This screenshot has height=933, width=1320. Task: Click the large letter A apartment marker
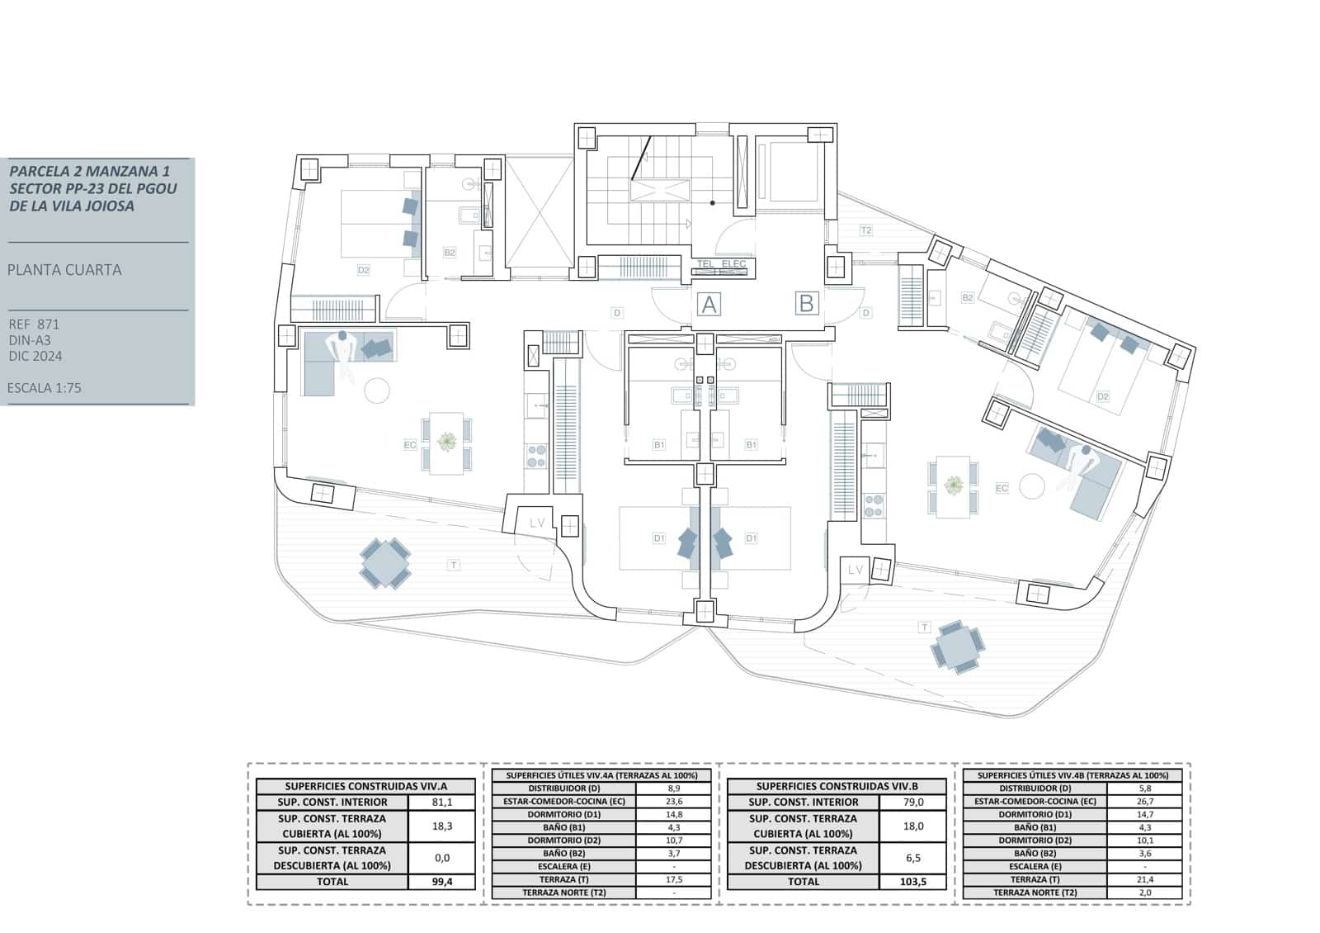709,305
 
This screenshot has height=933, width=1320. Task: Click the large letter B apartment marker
806,303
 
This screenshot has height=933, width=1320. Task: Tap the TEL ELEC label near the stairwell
721,264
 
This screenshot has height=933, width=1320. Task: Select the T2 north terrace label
865,230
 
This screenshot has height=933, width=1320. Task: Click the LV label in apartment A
537,523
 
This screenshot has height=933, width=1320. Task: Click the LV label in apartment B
855,570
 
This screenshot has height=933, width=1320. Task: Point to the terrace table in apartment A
385,563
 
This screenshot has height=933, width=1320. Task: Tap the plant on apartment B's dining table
954,485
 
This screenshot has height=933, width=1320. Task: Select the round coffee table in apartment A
377,390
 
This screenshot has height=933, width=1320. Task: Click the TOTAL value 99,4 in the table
443,881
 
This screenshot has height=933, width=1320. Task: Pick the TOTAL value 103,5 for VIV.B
913,881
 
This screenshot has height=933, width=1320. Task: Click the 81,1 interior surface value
443,802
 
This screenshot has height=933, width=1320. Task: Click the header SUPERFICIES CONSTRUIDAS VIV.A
365,787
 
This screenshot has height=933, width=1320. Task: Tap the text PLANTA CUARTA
64,270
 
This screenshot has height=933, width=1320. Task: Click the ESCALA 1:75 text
45,387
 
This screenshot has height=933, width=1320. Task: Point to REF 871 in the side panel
34,324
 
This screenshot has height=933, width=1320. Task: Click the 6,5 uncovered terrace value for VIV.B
913,857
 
